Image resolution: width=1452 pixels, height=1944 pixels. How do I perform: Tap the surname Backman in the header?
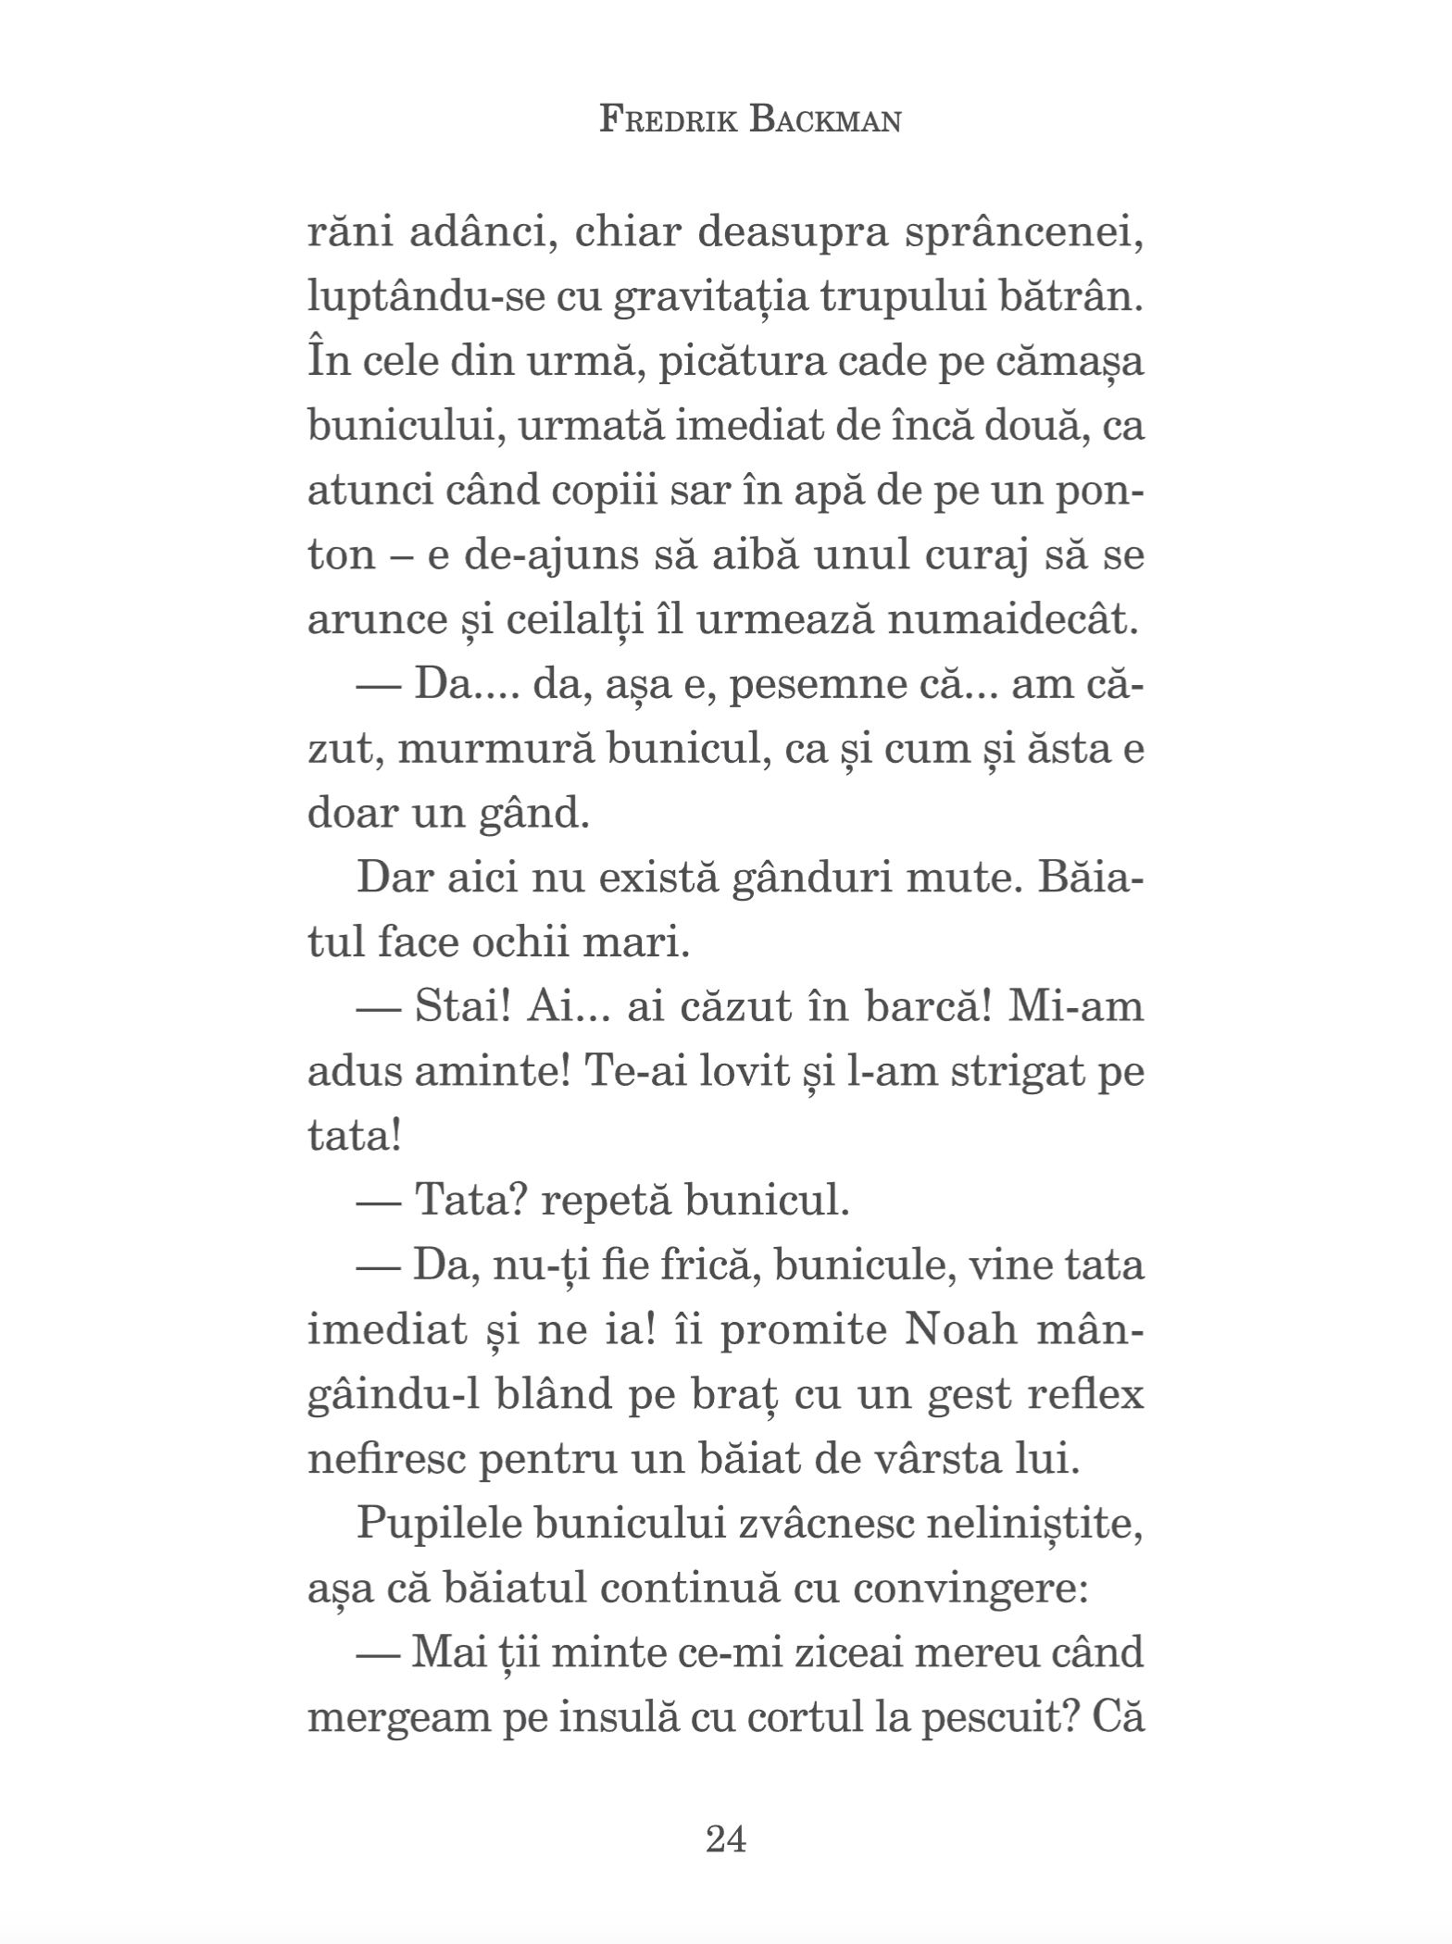click(825, 120)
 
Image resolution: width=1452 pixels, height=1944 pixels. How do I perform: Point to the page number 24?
click(725, 1838)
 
